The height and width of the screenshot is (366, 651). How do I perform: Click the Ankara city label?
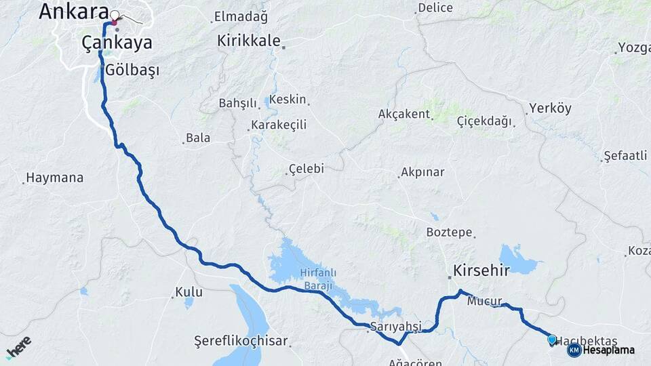(x=73, y=11)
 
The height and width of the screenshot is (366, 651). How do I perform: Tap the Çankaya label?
(x=117, y=42)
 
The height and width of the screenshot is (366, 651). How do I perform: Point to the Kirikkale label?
(x=248, y=41)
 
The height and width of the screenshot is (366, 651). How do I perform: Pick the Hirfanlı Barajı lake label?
(x=317, y=279)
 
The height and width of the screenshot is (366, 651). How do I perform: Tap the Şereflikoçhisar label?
(x=241, y=340)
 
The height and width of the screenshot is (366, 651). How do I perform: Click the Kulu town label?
(x=189, y=292)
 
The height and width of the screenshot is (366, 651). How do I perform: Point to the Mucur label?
(x=484, y=300)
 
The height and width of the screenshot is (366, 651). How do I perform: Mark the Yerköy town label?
(x=550, y=108)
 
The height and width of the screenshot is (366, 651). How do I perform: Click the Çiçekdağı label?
(x=484, y=121)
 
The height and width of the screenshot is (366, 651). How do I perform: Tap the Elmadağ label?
(x=241, y=16)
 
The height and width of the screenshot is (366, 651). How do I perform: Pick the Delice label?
(x=435, y=8)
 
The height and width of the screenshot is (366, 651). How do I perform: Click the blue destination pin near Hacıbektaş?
(x=552, y=340)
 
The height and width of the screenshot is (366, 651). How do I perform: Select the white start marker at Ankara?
(x=115, y=15)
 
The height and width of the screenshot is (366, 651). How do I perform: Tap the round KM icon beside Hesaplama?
(x=574, y=350)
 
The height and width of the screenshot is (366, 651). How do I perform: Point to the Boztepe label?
(x=449, y=232)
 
